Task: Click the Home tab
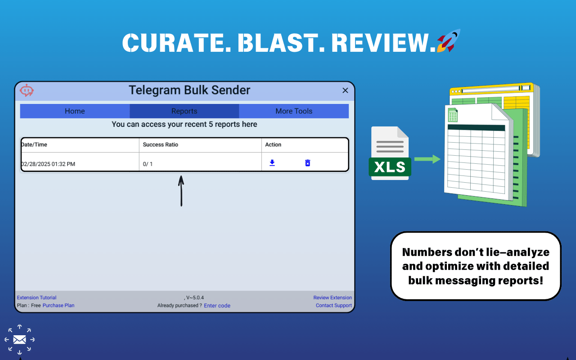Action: point(75,111)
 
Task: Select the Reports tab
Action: point(184,111)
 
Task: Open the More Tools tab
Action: point(294,111)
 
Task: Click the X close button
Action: point(345,90)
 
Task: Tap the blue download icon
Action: point(272,163)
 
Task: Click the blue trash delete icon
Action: point(307,163)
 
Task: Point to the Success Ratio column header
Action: point(161,145)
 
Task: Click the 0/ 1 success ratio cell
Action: point(148,164)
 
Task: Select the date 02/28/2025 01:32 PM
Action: point(48,164)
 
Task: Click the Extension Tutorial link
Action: point(36,297)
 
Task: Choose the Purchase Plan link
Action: point(58,306)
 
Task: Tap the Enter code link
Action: point(217,306)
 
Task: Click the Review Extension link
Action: point(333,297)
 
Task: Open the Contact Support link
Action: point(334,306)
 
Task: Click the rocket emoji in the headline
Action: point(449,40)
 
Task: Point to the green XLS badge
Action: point(390,167)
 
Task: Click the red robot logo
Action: point(27,90)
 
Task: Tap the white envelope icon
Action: point(19,340)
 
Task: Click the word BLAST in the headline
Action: point(281,43)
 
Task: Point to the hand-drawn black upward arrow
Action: point(181,191)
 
